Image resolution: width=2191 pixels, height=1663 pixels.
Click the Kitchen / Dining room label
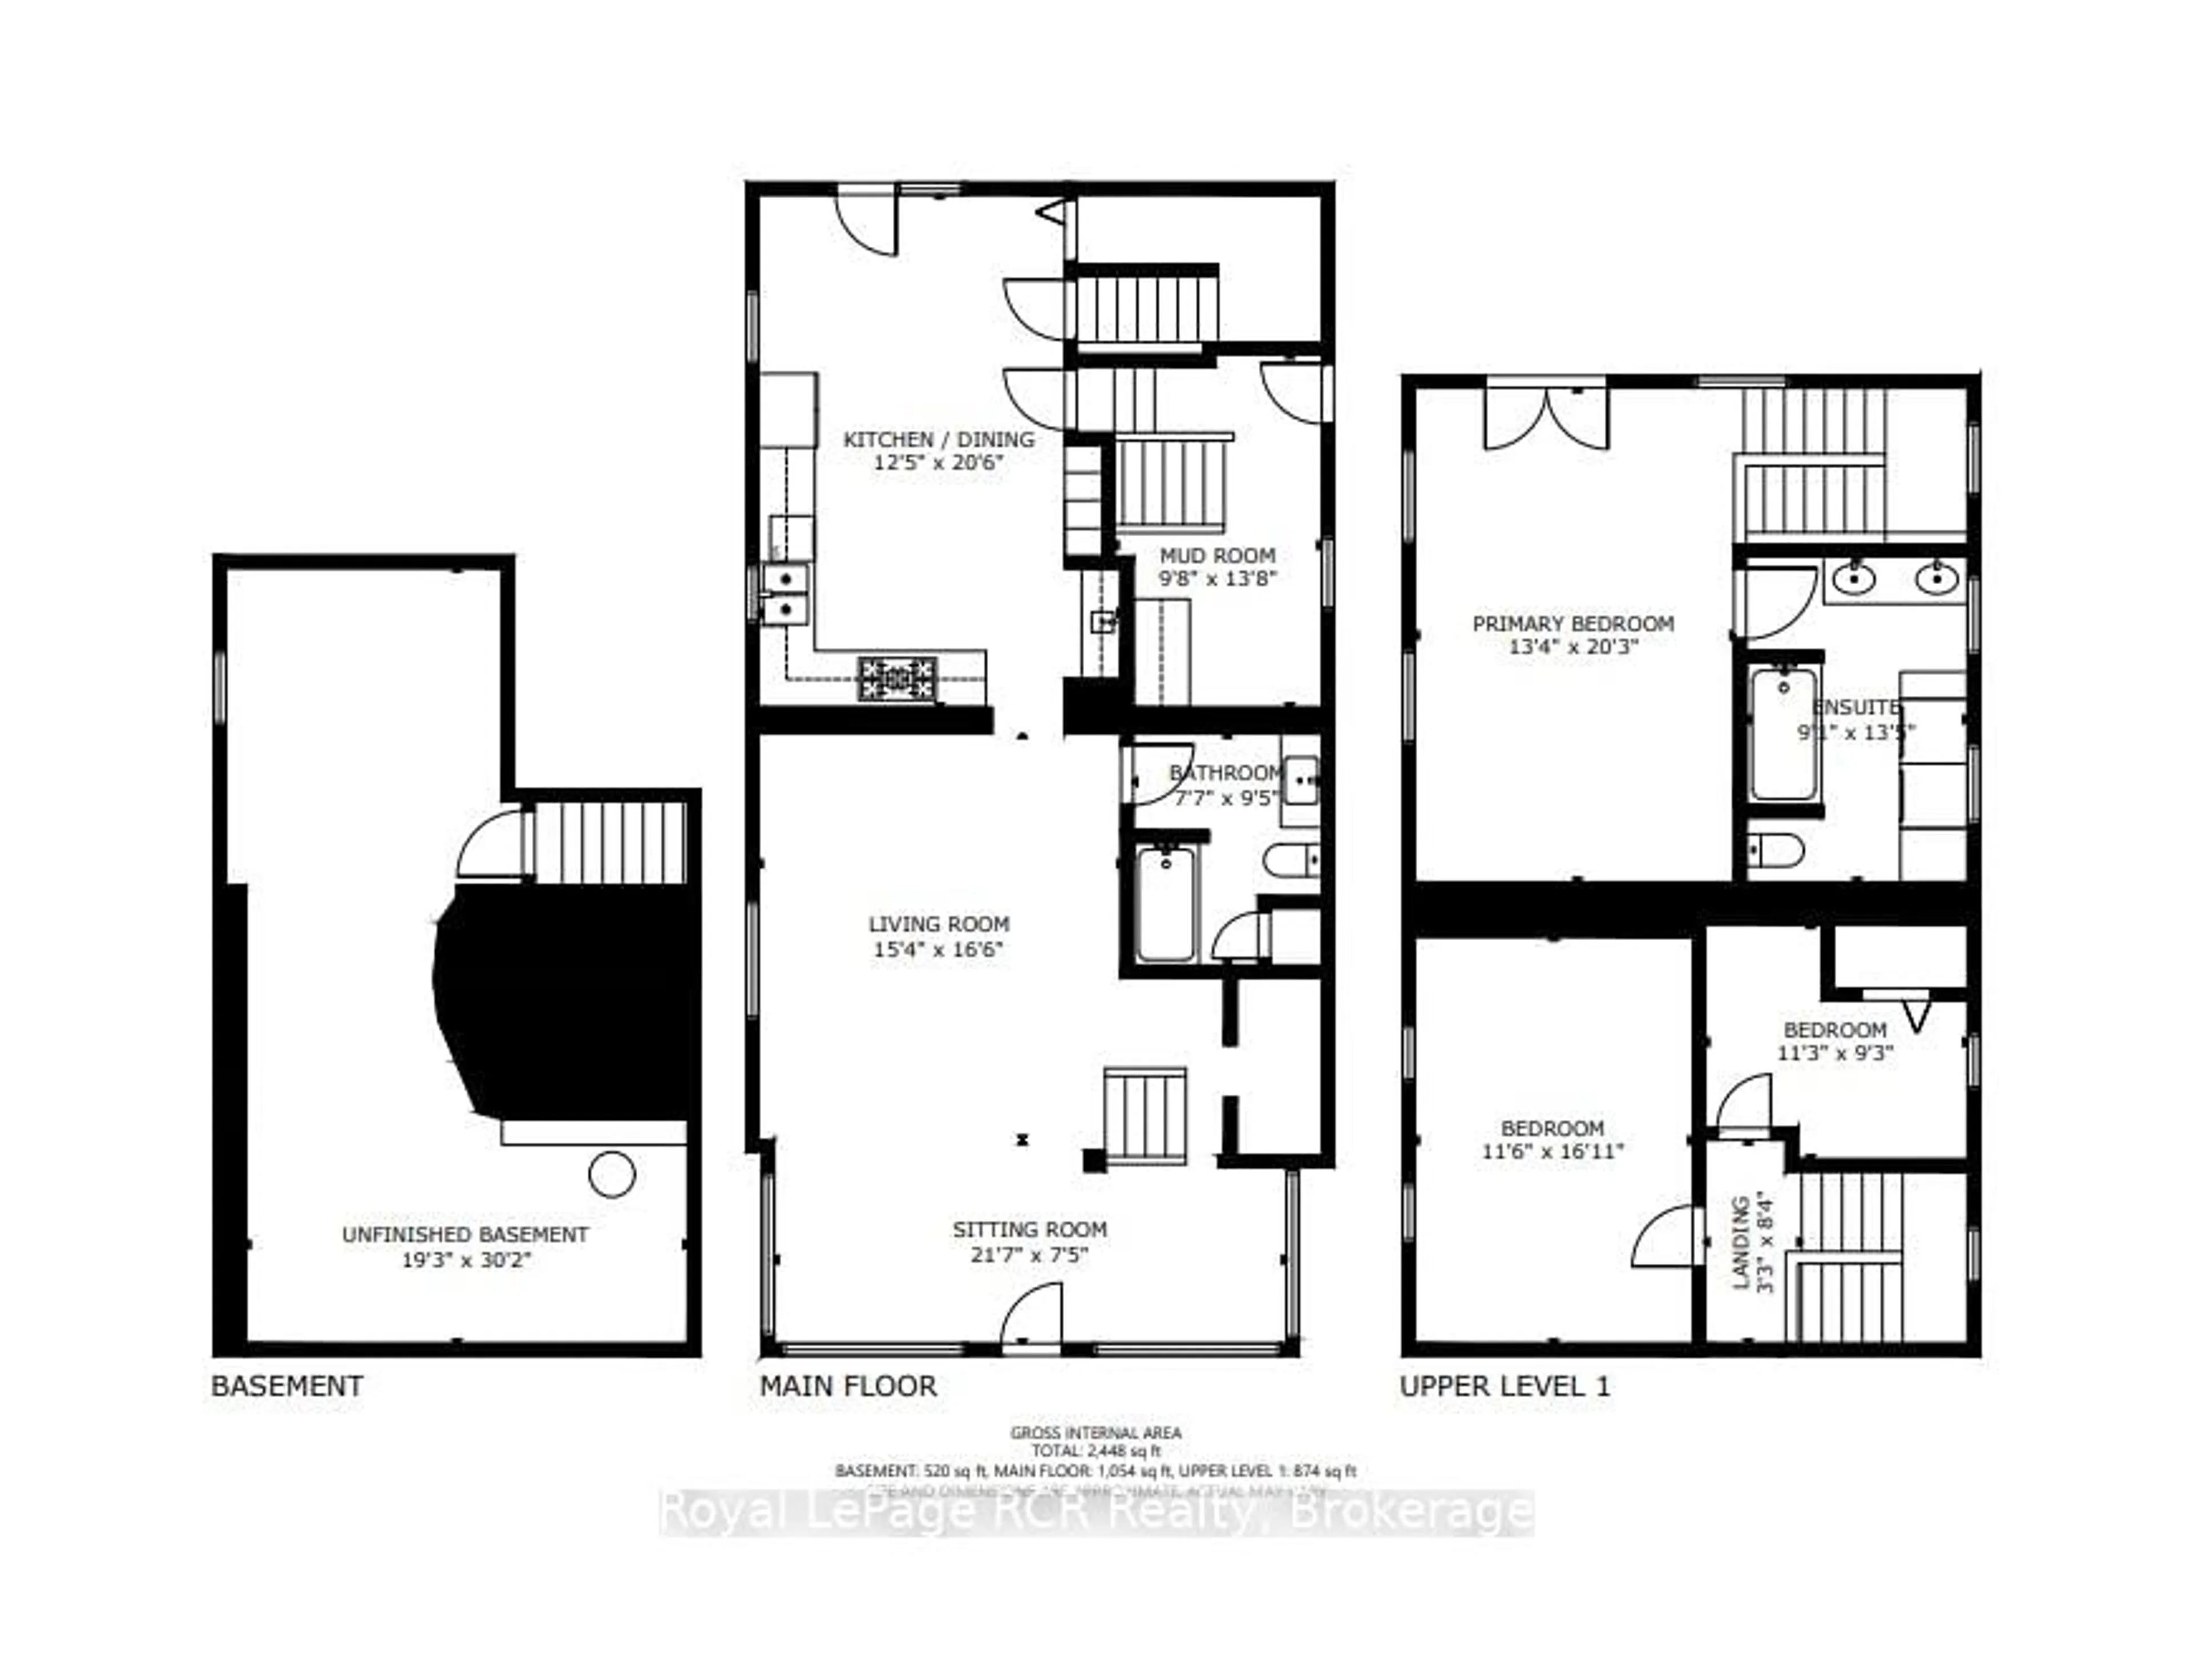[938, 439]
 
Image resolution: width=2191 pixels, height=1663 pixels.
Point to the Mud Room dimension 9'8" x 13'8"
[1218, 578]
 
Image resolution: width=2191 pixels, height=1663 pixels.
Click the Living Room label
[938, 924]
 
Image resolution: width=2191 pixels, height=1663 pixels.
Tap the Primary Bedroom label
[1573, 624]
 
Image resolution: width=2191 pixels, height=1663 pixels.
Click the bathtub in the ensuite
[1783, 734]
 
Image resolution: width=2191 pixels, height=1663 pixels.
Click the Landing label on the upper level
[1740, 1243]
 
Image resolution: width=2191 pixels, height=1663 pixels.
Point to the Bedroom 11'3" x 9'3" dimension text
[1834, 1054]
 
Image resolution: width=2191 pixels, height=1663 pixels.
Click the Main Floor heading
[848, 1386]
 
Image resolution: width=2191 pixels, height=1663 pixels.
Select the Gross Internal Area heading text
[1095, 1432]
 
